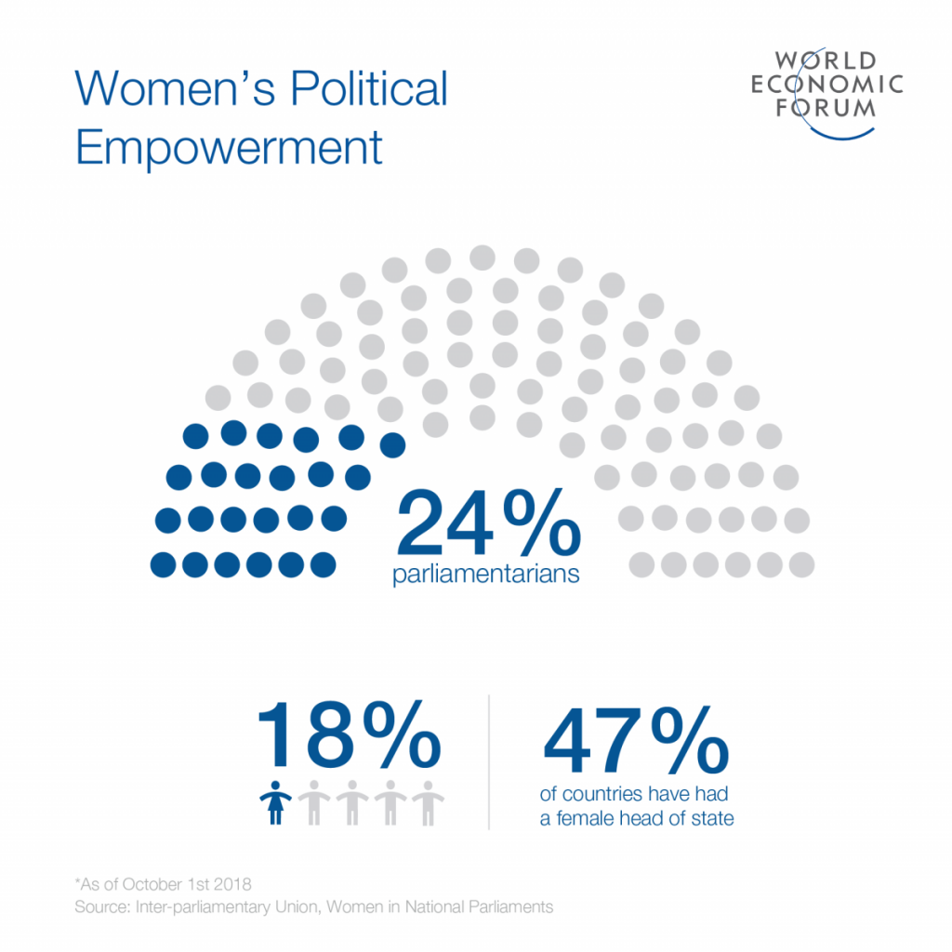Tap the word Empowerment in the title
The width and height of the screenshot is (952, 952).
(229, 148)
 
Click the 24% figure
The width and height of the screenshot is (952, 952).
(488, 527)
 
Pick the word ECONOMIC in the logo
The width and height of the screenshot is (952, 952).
(827, 85)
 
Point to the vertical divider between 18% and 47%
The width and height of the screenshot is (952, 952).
(490, 760)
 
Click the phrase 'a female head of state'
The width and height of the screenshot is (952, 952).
(637, 818)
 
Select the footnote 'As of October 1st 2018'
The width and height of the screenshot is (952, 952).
(165, 883)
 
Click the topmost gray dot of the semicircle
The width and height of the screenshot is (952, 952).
(483, 257)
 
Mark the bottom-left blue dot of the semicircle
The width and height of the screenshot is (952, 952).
(163, 563)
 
